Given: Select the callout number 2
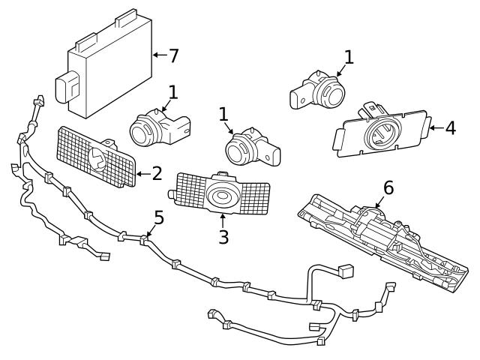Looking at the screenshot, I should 157,174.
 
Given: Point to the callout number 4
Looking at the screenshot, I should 450,128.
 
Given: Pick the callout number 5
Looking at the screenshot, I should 158,218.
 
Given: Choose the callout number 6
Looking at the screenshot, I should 388,187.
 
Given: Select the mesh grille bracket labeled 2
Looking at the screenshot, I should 96,157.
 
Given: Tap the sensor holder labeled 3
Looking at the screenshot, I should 222,193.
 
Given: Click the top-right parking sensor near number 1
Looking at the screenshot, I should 319,92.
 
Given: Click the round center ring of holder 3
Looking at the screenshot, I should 222,196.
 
